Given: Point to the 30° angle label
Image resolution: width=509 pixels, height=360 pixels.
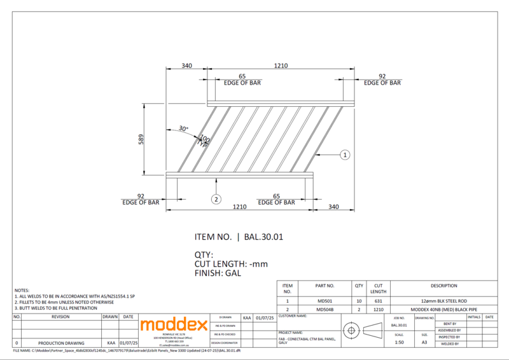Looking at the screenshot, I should [183, 129].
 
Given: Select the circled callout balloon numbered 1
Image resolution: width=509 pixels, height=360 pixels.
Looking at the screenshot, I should [344, 155].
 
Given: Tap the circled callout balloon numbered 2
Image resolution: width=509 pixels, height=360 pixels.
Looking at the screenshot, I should [216, 199].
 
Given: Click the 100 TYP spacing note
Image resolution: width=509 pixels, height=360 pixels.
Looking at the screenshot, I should [204, 141].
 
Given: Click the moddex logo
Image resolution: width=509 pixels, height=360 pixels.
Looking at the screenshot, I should [174, 325].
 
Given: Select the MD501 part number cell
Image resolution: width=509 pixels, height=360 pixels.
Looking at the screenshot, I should [325, 300].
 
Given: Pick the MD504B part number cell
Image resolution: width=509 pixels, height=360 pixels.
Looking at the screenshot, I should [325, 309].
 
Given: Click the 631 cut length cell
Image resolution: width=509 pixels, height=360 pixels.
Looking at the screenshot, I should [379, 300].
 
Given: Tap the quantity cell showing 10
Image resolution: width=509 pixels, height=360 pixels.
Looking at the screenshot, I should [359, 300].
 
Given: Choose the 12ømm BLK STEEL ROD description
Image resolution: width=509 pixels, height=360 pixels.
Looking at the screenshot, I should [443, 300].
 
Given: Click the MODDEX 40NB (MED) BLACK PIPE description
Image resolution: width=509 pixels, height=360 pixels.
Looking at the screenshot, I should [443, 309].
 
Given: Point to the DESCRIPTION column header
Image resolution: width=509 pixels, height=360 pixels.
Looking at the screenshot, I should [443, 286].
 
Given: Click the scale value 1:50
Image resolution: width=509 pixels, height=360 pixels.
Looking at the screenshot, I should [399, 342].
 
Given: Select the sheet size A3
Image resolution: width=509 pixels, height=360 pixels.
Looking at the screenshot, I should [424, 342].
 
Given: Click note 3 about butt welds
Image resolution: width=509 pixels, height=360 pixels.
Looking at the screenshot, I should [56, 308].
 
